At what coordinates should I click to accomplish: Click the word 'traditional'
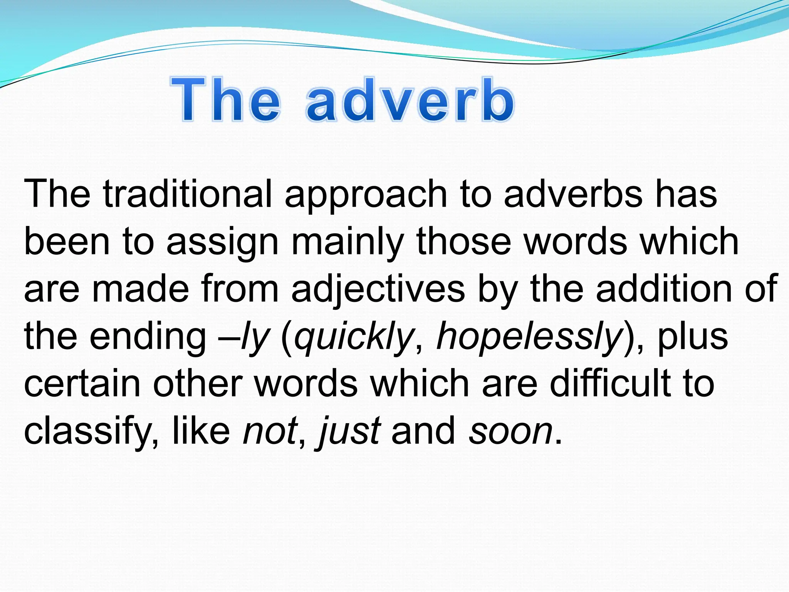point(188,194)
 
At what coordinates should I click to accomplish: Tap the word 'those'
point(464,242)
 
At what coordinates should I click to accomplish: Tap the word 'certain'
point(82,384)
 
